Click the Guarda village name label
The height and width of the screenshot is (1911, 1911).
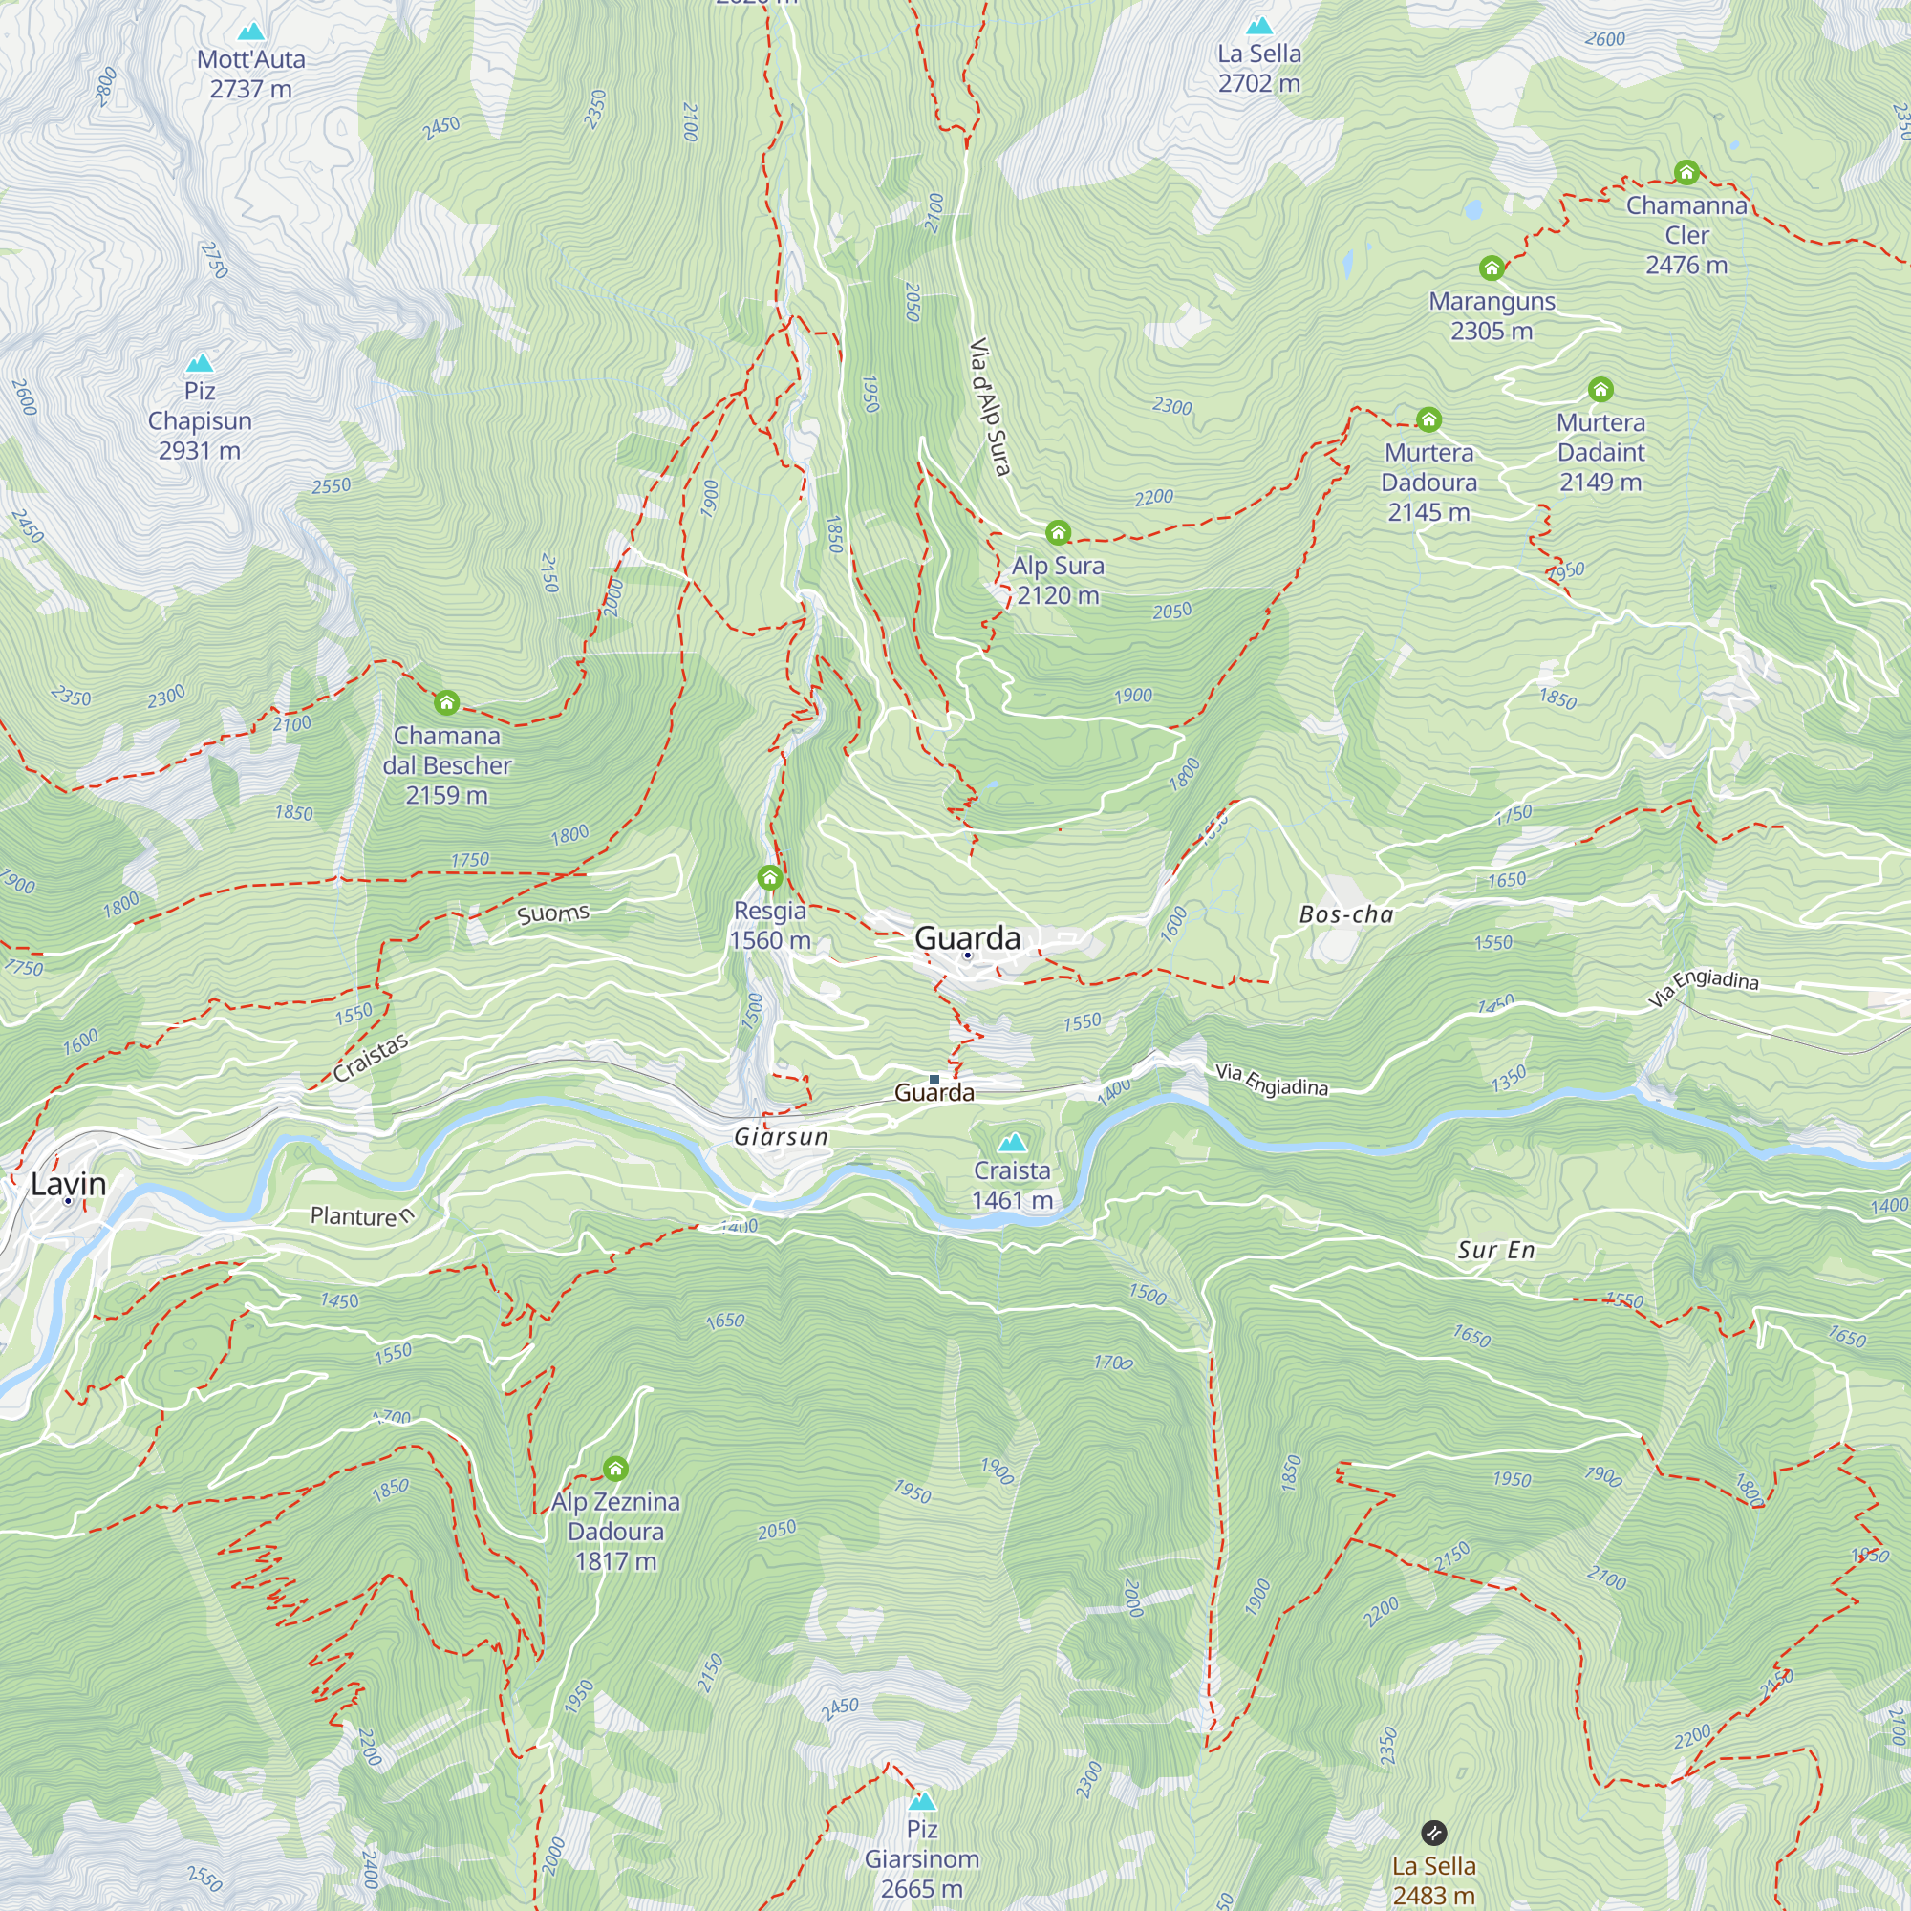pyautogui.click(x=966, y=937)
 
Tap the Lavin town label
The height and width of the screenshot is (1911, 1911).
pyautogui.click(x=67, y=1184)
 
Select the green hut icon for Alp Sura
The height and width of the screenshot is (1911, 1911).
pyautogui.click(x=1058, y=533)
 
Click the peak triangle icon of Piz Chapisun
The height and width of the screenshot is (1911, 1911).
pyautogui.click(x=200, y=363)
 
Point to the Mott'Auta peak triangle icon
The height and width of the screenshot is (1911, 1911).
pyautogui.click(x=251, y=32)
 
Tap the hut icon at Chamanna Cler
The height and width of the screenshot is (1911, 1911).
pyautogui.click(x=1686, y=173)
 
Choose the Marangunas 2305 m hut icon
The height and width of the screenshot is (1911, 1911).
pyautogui.click(x=1491, y=268)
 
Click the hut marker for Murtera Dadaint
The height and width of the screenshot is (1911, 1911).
pyautogui.click(x=1600, y=390)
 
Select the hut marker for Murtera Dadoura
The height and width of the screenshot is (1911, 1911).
pyautogui.click(x=1428, y=419)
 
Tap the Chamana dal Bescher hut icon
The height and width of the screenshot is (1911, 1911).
pyautogui.click(x=446, y=703)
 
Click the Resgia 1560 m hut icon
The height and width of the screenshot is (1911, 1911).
pyautogui.click(x=769, y=877)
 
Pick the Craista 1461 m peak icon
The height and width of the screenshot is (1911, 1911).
pyautogui.click(x=1011, y=1144)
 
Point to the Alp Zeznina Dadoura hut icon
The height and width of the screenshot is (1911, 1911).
pyautogui.click(x=615, y=1469)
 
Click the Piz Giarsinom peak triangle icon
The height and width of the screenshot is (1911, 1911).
pyautogui.click(x=921, y=1800)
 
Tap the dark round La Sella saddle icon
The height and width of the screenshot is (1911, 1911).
pyautogui.click(x=1433, y=1833)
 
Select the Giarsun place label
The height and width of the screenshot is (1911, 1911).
pyautogui.click(x=781, y=1136)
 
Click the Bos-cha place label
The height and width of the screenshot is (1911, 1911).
pyautogui.click(x=1345, y=915)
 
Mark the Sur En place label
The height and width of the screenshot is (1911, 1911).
pyautogui.click(x=1495, y=1250)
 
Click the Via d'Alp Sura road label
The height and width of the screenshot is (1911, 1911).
pyautogui.click(x=989, y=406)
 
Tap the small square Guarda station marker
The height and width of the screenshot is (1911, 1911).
pyautogui.click(x=934, y=1079)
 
